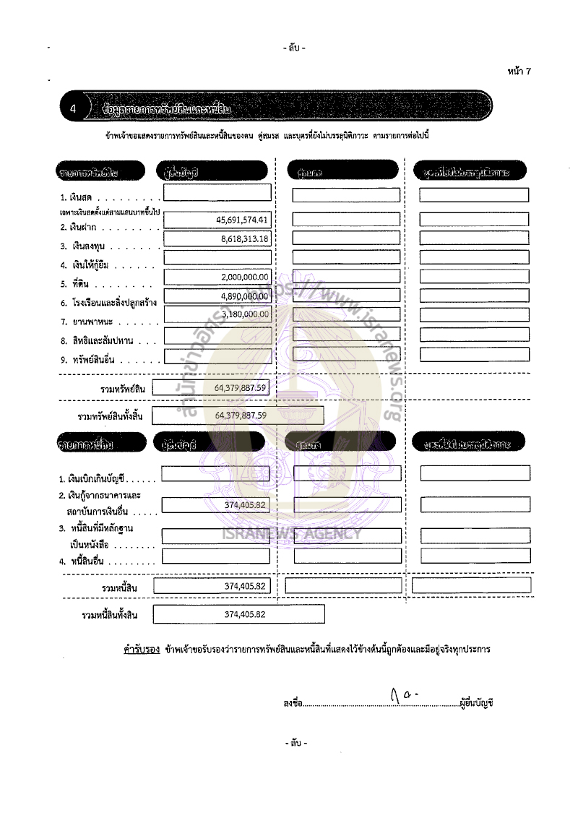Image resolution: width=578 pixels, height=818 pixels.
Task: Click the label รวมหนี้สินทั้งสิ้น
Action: coord(110,615)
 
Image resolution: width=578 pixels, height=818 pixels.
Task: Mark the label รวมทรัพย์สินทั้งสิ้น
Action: coord(105,416)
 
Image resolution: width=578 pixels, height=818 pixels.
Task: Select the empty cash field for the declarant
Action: coord(217,193)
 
